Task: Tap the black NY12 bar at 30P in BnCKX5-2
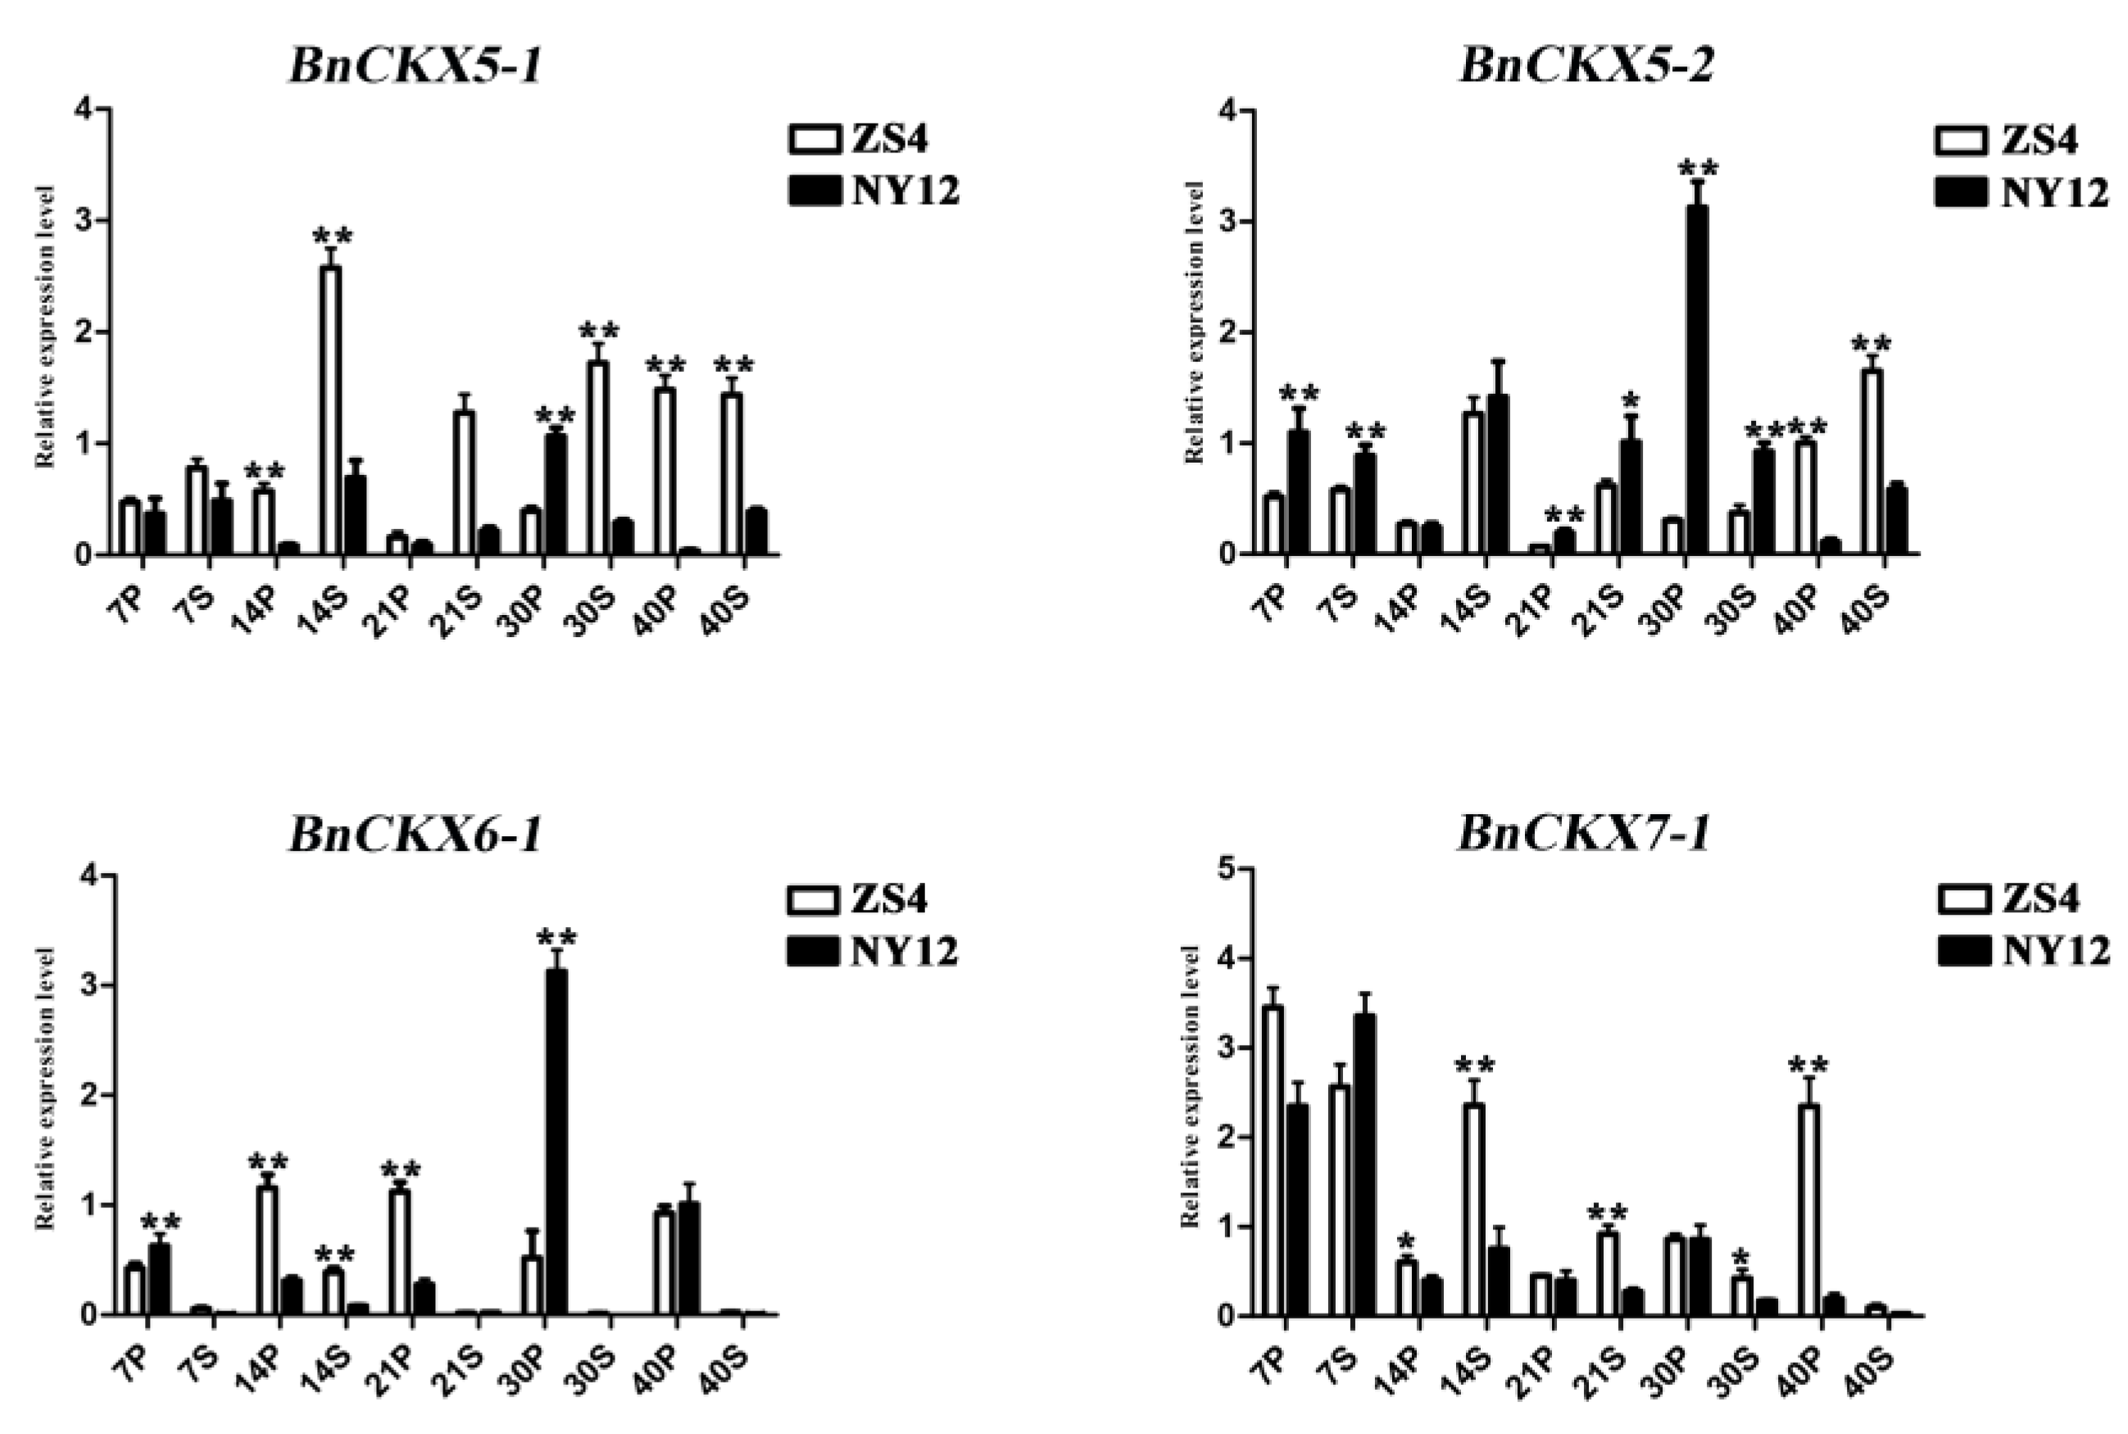pyautogui.click(x=1696, y=379)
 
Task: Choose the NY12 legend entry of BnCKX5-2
pyautogui.click(x=2021, y=193)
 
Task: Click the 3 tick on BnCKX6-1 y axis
pyautogui.click(x=89, y=986)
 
